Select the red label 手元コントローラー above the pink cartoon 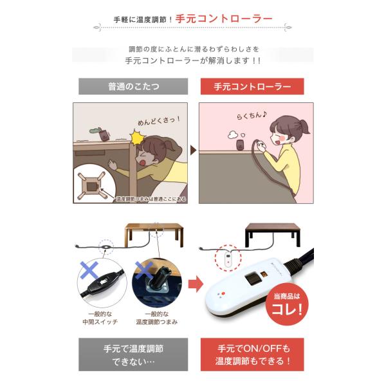(252, 85)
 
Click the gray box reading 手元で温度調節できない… (133, 355)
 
